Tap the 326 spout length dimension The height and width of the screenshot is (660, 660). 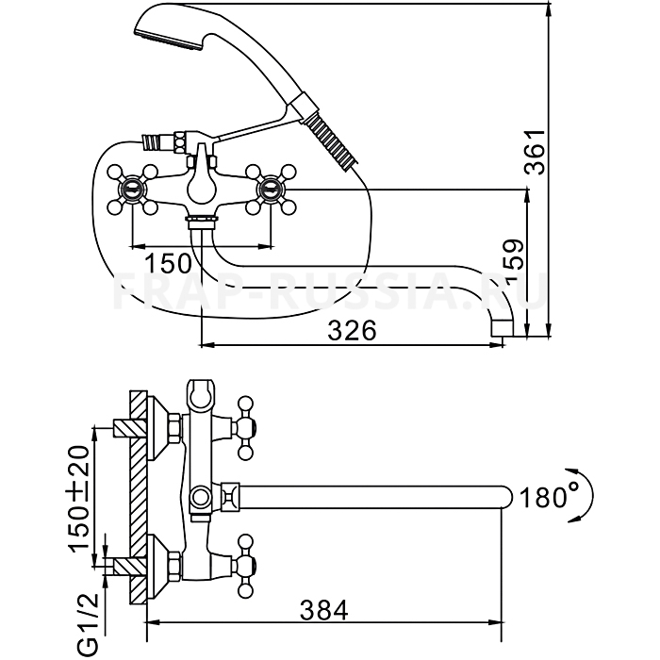click(353, 330)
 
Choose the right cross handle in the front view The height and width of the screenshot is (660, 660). click(271, 187)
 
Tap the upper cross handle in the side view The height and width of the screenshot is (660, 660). click(249, 421)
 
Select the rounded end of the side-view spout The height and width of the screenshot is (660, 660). click(506, 496)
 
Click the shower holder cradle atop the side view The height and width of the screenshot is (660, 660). click(201, 394)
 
